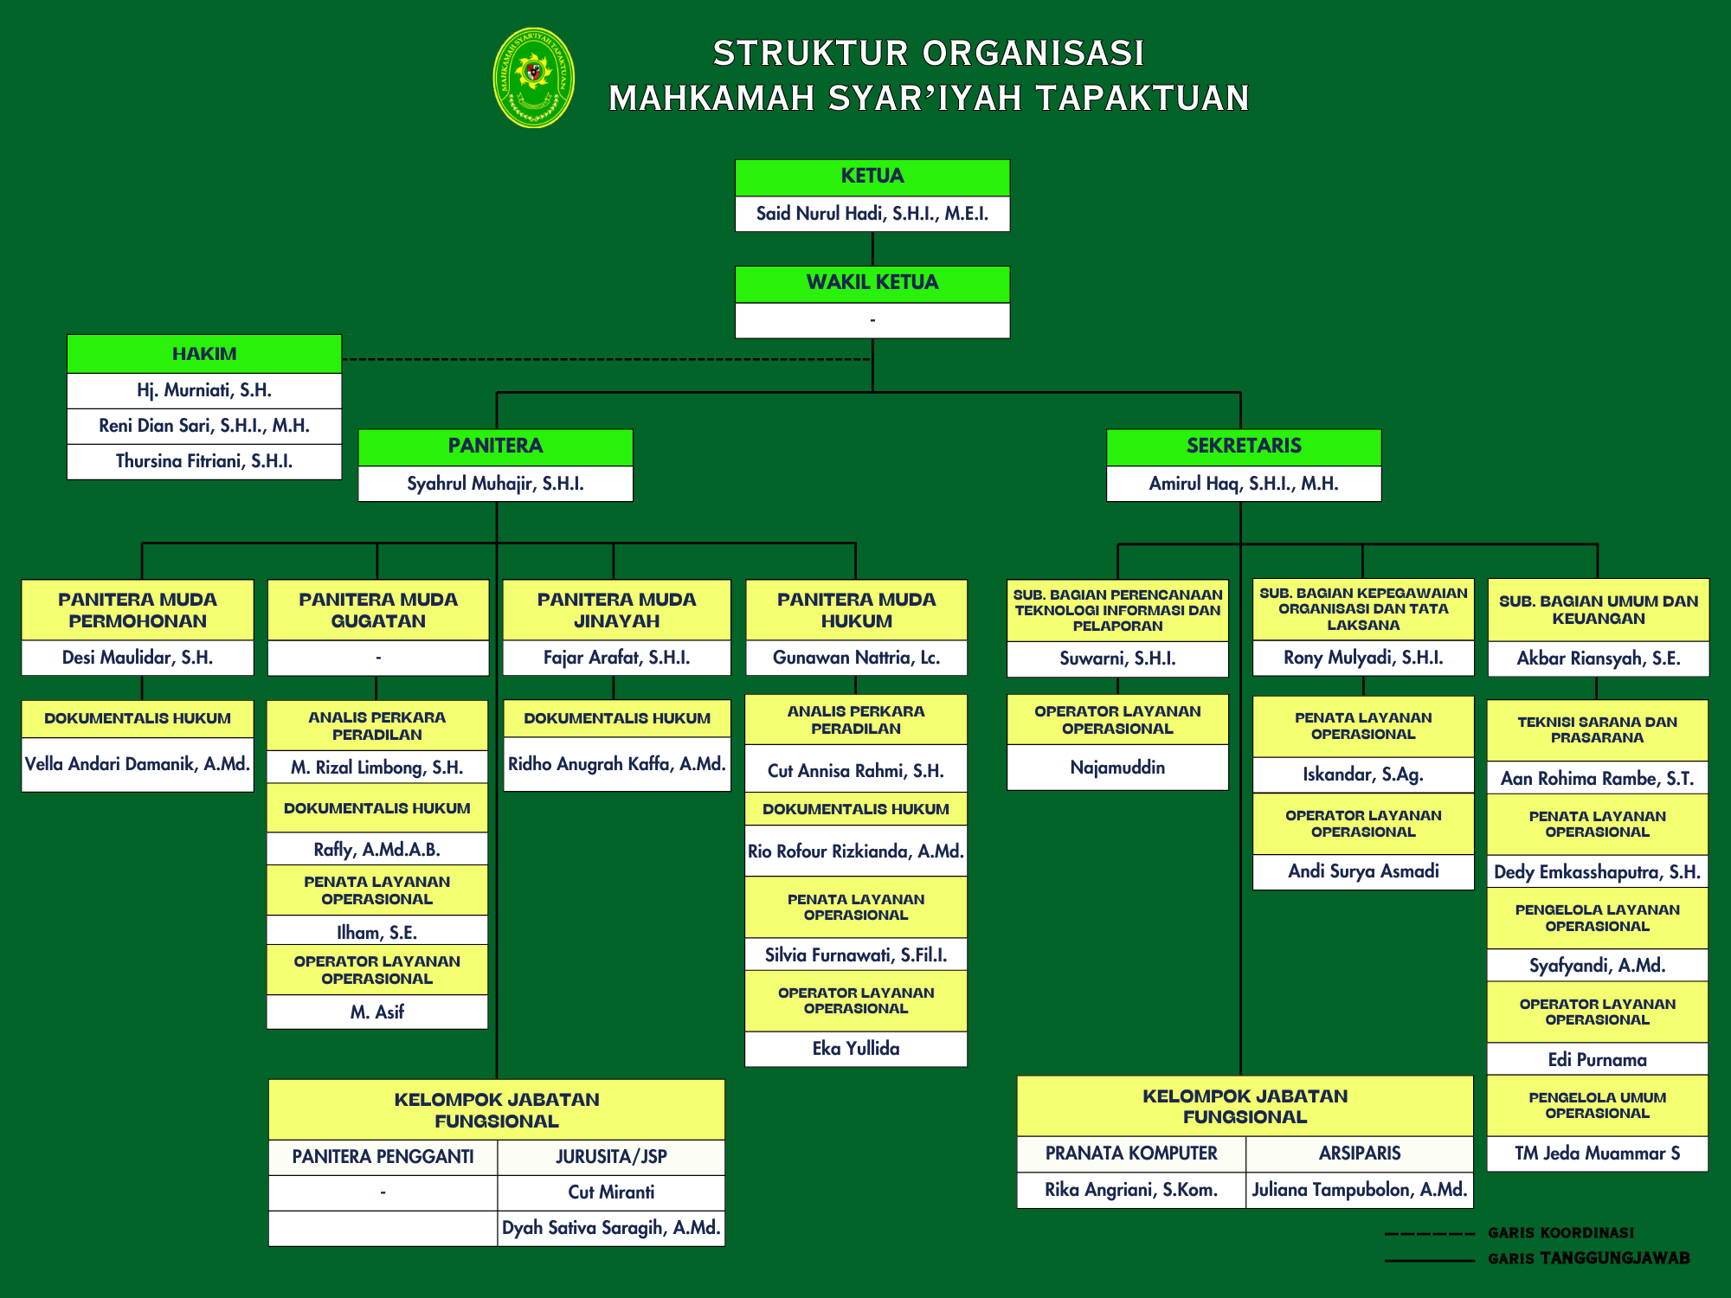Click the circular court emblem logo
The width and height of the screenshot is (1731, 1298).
[533, 78]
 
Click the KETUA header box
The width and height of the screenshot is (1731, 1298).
[872, 177]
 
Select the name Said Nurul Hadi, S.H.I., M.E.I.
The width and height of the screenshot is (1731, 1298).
[872, 214]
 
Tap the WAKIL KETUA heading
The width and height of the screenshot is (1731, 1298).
[872, 283]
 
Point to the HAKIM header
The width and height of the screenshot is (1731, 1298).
[204, 354]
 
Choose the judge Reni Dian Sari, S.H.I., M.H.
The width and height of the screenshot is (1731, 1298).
[204, 426]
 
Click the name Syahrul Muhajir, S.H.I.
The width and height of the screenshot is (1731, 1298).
[495, 484]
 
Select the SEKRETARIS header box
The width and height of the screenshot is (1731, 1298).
[1244, 447]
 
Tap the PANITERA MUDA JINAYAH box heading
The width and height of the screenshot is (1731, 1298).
[616, 610]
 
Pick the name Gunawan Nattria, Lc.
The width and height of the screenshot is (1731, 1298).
[856, 658]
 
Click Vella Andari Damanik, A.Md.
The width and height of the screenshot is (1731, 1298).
[138, 764]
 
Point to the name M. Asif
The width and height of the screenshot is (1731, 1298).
[377, 1012]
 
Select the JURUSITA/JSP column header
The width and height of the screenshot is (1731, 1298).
[611, 1157]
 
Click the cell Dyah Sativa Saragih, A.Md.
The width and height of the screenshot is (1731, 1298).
[611, 1228]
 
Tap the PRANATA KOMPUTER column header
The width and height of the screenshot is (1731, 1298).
[1131, 1153]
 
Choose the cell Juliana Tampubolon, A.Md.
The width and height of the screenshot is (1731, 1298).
[1360, 1190]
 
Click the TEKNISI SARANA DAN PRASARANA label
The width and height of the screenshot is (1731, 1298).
[1598, 729]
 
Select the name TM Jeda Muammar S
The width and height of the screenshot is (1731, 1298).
[1598, 1153]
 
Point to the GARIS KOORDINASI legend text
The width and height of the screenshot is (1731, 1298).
[1561, 1233]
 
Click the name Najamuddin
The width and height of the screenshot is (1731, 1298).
[1117, 768]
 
